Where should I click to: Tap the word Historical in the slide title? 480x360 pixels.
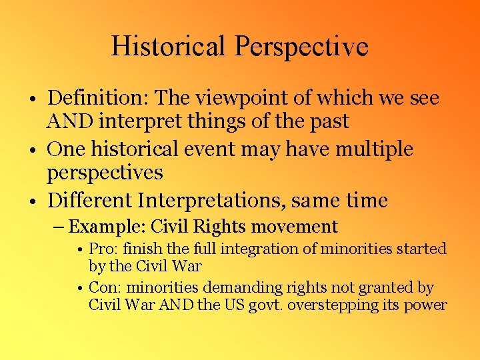coord(169,47)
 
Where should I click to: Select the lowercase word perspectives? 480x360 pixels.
coord(105,173)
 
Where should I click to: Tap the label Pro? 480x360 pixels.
coord(101,249)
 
